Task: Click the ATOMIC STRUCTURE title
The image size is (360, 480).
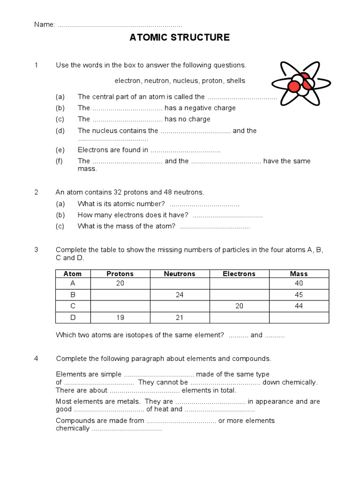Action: click(x=180, y=37)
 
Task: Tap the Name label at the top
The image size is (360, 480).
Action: click(x=44, y=24)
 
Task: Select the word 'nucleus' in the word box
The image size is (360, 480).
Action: click(x=186, y=81)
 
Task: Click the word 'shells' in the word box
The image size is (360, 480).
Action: click(x=236, y=81)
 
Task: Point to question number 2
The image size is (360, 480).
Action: click(x=37, y=192)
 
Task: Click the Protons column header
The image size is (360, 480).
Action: click(x=120, y=274)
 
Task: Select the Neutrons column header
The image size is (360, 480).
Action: click(x=180, y=274)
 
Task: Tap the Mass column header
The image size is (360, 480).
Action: click(x=299, y=274)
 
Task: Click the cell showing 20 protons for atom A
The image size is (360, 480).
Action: click(x=120, y=283)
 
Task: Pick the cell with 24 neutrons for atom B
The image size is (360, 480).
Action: click(x=180, y=295)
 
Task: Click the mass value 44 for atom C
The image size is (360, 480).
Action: click(x=299, y=306)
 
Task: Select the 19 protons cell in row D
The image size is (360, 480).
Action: click(x=120, y=317)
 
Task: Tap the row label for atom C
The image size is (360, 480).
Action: click(x=73, y=306)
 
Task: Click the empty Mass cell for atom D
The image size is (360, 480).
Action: click(x=299, y=317)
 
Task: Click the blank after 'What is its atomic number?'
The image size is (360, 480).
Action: click(x=204, y=204)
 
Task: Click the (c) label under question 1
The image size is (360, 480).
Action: click(x=60, y=119)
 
